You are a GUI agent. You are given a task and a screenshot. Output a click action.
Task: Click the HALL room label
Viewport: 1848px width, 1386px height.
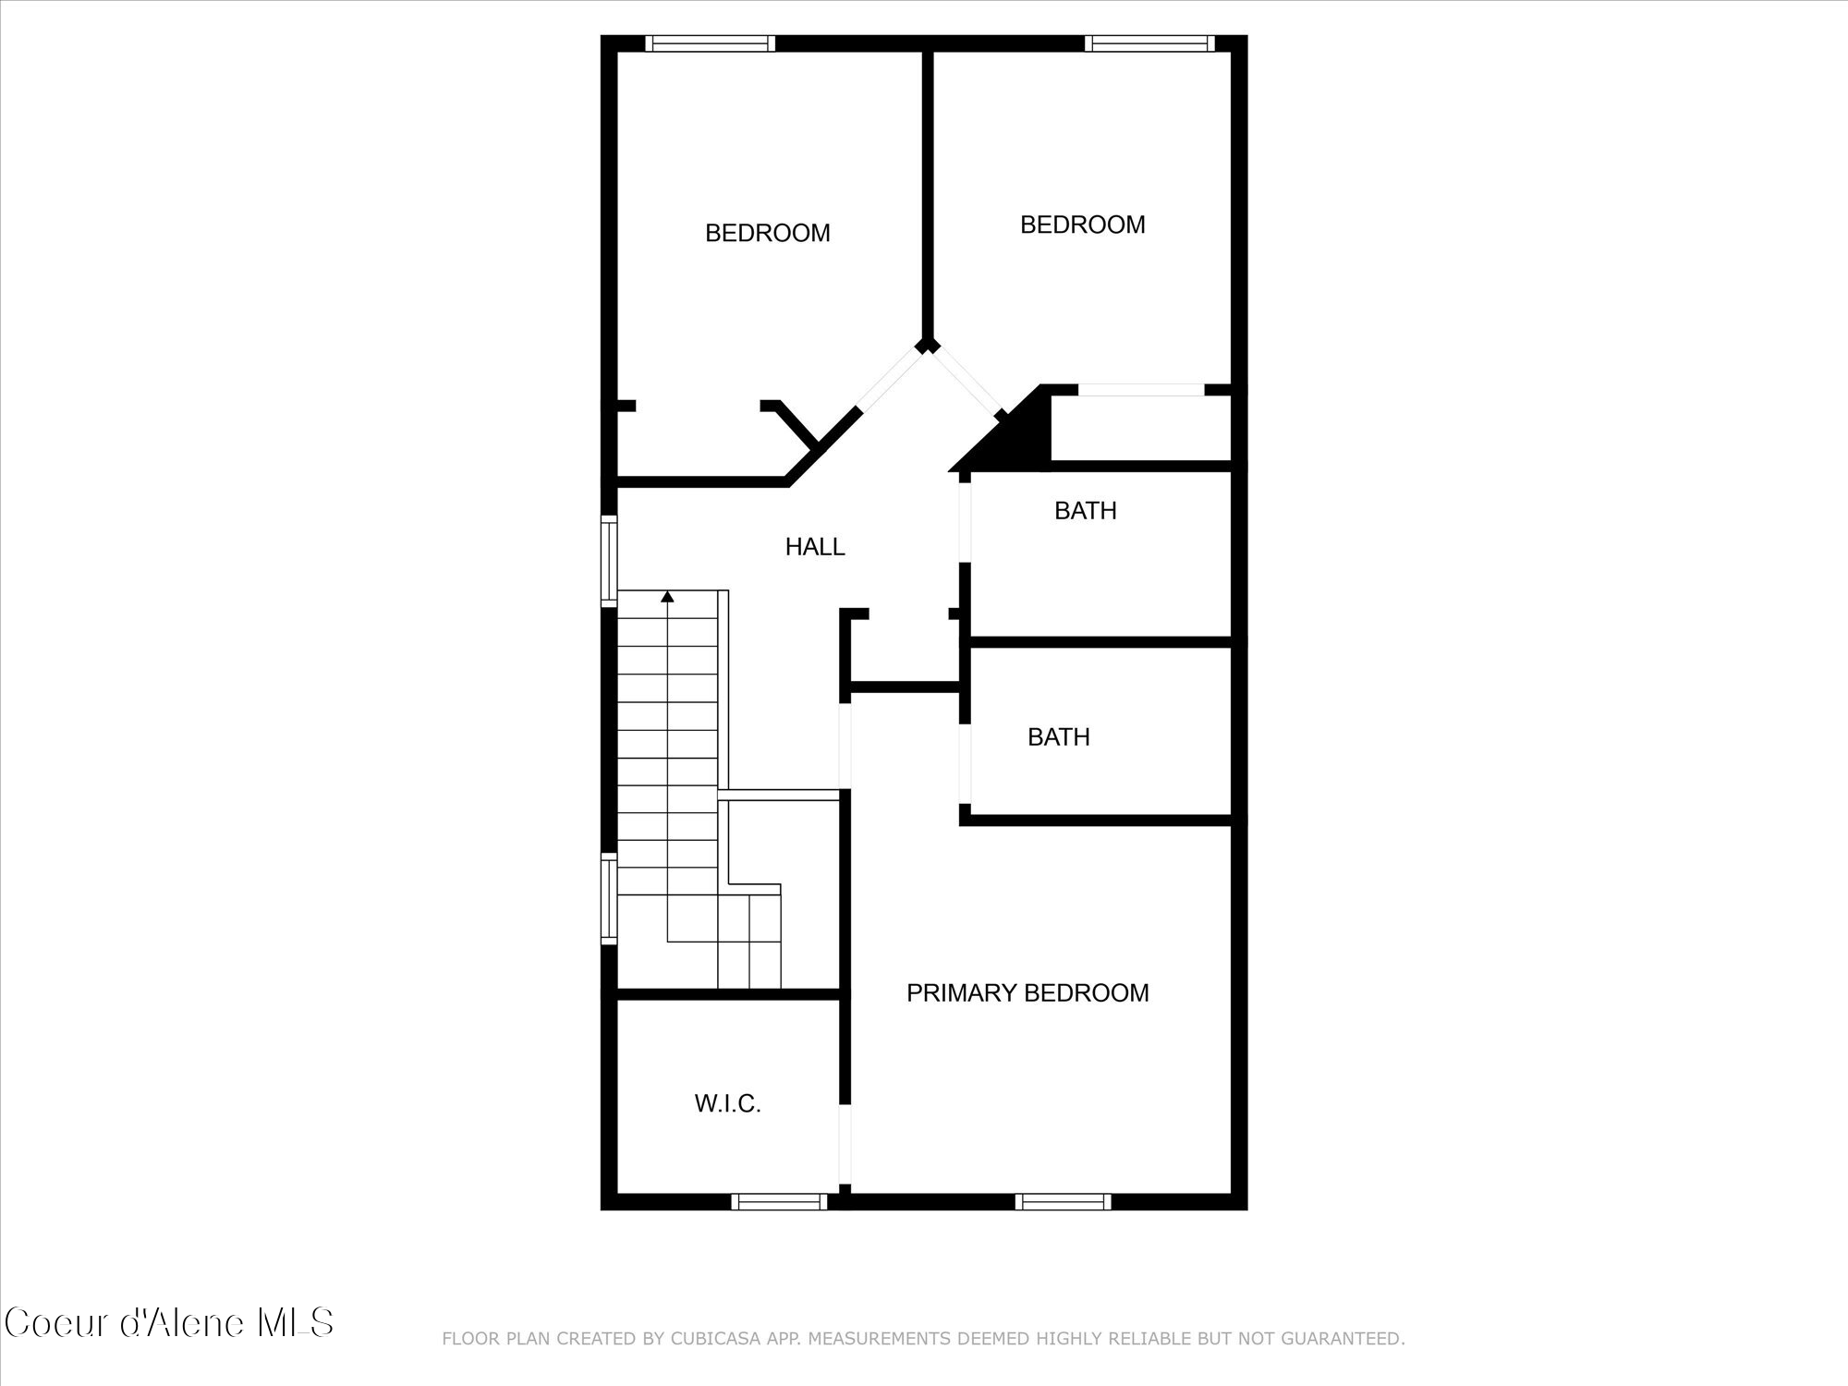pyautogui.click(x=815, y=547)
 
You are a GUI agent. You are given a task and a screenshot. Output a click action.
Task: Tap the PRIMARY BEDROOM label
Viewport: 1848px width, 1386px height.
pyautogui.click(x=1027, y=993)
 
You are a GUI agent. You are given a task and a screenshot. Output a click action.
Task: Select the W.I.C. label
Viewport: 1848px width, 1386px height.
pyautogui.click(x=727, y=1103)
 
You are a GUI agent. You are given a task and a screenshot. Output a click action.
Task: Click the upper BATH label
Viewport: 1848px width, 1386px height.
pyautogui.click(x=1085, y=511)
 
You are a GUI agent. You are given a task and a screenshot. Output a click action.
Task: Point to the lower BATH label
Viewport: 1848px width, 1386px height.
pyautogui.click(x=1058, y=737)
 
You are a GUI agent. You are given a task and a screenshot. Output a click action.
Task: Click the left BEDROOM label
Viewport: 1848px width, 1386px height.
pyautogui.click(x=767, y=233)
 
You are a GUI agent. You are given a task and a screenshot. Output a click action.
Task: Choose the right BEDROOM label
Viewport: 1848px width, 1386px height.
pyautogui.click(x=1082, y=225)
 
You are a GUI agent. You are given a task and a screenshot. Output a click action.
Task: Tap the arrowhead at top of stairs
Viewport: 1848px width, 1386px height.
pyautogui.click(x=667, y=597)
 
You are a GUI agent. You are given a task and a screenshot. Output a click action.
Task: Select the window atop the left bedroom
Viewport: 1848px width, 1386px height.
pyautogui.click(x=710, y=43)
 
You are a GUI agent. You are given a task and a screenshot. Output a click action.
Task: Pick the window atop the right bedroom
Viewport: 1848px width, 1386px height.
pyautogui.click(x=1149, y=43)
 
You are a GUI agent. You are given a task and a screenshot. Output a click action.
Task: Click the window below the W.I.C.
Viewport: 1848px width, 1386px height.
pyautogui.click(x=779, y=1201)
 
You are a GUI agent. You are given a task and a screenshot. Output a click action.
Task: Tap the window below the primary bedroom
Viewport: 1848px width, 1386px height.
pyautogui.click(x=1063, y=1201)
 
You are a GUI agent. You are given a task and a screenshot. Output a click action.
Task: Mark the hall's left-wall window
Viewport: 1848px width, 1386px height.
pyautogui.click(x=609, y=561)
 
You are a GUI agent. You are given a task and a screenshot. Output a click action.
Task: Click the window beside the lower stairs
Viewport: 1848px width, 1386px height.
pyautogui.click(x=609, y=899)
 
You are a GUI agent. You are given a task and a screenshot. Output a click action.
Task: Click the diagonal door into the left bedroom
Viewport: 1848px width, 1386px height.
pyautogui.click(x=890, y=379)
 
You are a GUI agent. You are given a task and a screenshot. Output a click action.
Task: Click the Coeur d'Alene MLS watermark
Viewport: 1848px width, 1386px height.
pyautogui.click(x=169, y=1323)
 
